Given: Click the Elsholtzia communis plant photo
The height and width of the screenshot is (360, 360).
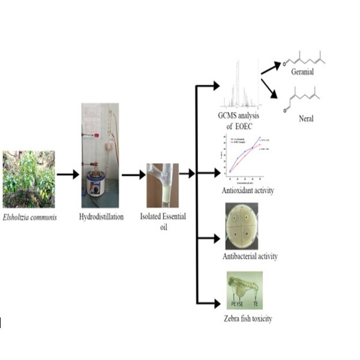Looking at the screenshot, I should (x=28, y=179).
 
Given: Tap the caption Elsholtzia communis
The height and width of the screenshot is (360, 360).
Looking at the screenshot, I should (x=29, y=217).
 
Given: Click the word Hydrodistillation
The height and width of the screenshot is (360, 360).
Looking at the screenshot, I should (x=101, y=217).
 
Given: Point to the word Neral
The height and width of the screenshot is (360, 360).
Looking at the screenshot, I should (x=306, y=118).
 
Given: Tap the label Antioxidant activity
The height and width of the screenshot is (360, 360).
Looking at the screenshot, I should (x=247, y=191).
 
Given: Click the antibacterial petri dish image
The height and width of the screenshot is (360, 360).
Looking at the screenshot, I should (x=242, y=226).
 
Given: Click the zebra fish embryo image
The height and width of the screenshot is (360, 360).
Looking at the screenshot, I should (x=244, y=289).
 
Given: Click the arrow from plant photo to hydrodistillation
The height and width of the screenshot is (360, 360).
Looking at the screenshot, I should (x=68, y=175).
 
